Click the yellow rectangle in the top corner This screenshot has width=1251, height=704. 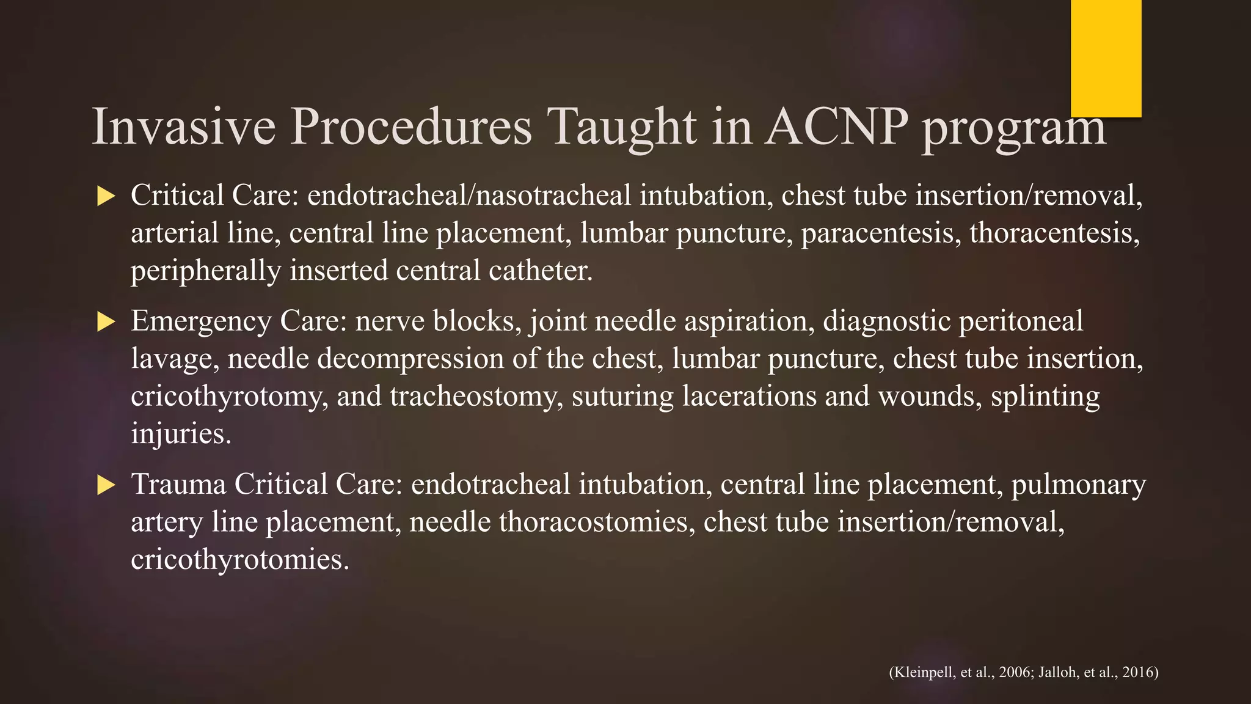(1106, 58)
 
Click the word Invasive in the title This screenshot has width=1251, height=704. (183, 127)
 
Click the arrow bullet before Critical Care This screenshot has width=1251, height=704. (106, 197)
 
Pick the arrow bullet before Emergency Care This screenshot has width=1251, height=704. (106, 322)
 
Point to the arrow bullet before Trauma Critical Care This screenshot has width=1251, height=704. (106, 486)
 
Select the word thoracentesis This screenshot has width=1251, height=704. (1054, 233)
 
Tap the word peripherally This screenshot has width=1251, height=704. (205, 271)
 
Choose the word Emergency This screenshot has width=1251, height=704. (201, 322)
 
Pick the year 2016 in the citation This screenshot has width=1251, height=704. (1137, 673)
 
